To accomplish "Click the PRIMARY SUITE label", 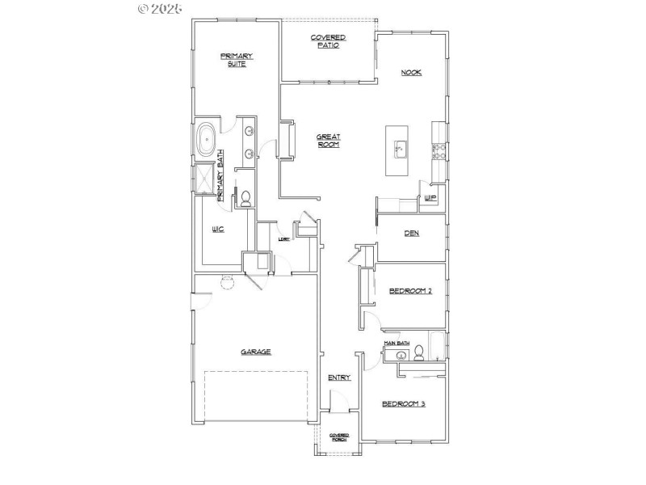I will tap(237, 59).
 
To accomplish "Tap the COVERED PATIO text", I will tap(329, 41).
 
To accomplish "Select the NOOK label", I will tap(412, 73).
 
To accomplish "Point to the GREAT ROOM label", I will tap(328, 141).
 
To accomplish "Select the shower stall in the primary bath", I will tap(206, 182).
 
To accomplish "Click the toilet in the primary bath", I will tap(245, 198).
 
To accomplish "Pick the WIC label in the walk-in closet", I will tap(217, 230).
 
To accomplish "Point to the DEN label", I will tap(411, 234).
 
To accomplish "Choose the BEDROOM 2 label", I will tap(409, 291).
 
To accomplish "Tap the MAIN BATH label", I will tap(397, 344).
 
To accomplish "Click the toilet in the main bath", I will tap(419, 352).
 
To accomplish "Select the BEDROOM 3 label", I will tap(403, 403).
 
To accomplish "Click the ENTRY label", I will tap(338, 377).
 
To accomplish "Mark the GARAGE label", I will tap(255, 352).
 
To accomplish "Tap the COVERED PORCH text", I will tap(338, 437).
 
